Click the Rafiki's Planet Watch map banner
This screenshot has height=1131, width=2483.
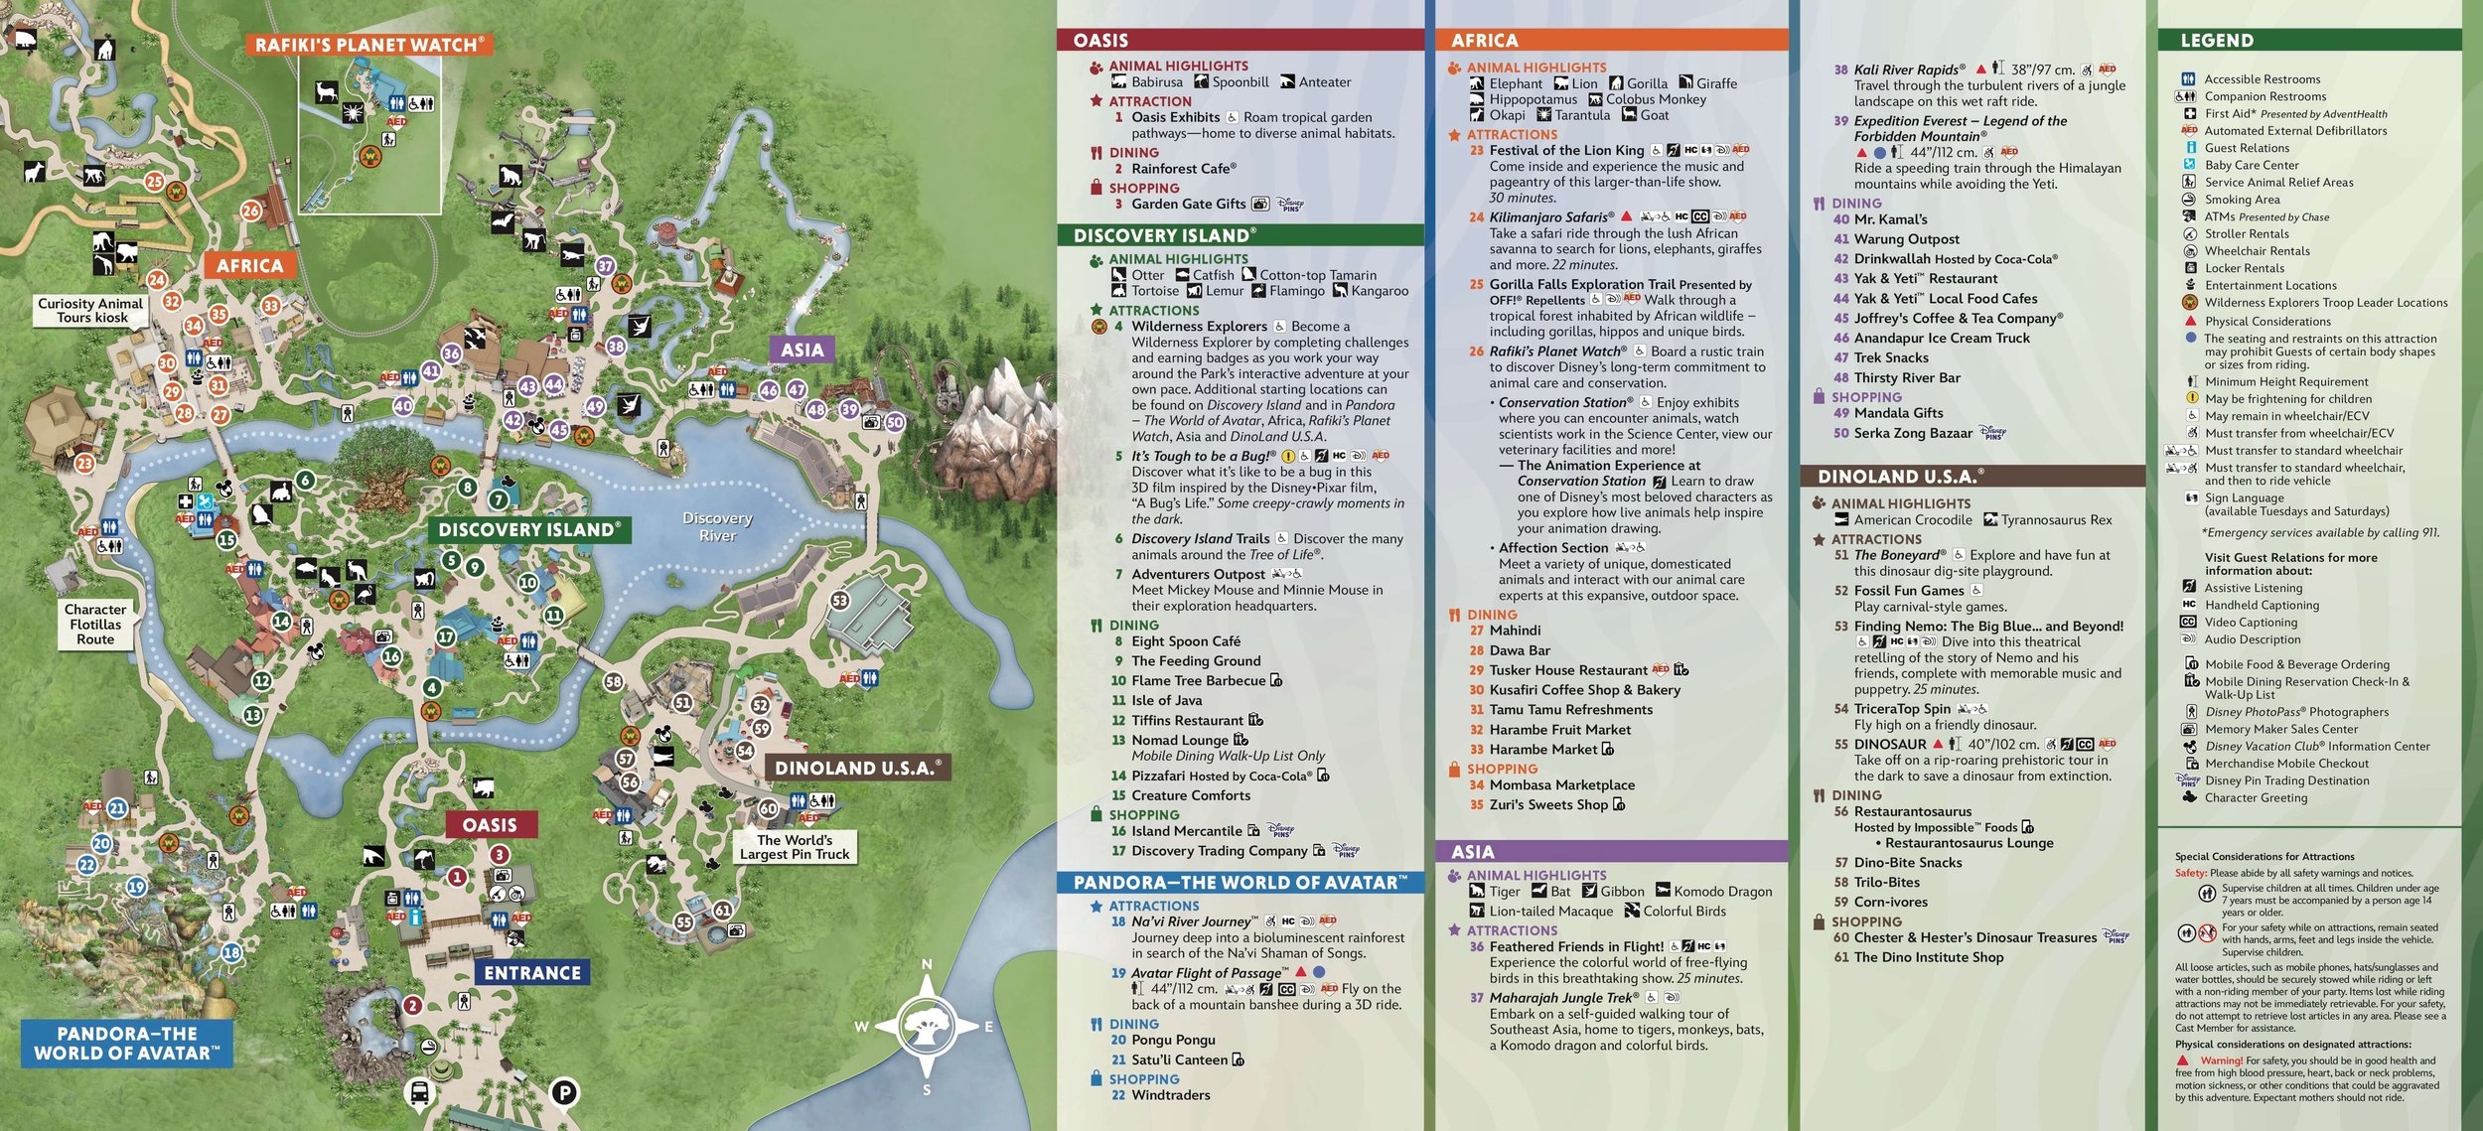tap(368, 45)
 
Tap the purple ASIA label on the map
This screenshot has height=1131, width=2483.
tap(802, 350)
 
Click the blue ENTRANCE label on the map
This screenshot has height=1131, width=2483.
tap(532, 973)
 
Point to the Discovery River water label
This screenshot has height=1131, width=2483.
tap(717, 526)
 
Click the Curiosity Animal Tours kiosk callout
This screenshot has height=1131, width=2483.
tap(91, 310)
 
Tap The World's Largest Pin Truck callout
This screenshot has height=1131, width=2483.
tap(795, 847)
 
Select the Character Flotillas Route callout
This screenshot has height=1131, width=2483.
tap(95, 624)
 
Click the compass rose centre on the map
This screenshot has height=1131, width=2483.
tap(926, 1026)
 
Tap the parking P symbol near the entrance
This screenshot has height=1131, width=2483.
tap(564, 1093)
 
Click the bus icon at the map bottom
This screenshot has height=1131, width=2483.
tap(420, 1092)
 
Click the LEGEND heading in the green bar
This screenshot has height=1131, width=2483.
tap(2217, 41)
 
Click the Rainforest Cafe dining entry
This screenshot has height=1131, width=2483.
tap(1183, 169)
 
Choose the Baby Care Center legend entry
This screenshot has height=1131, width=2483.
tap(2251, 165)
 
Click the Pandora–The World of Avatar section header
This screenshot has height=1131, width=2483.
tap(1240, 882)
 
